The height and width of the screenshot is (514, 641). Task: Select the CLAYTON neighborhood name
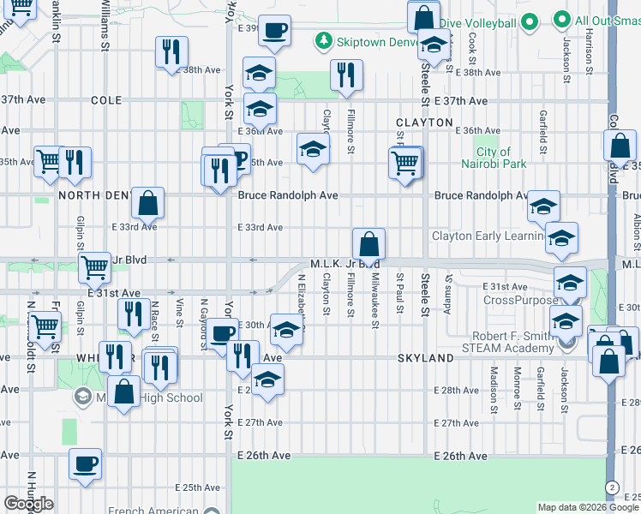click(424, 123)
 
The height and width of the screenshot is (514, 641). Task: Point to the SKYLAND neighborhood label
click(425, 358)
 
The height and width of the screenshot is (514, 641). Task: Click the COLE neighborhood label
click(106, 100)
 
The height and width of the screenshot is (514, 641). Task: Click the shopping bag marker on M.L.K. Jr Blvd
click(368, 246)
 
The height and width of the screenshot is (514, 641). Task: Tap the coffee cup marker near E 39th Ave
click(274, 32)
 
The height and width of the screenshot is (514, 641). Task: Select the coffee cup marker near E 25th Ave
click(85, 465)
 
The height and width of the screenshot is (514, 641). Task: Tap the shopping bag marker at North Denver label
click(147, 204)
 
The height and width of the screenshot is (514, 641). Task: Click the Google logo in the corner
click(28, 504)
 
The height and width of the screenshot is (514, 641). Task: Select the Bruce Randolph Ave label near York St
click(288, 196)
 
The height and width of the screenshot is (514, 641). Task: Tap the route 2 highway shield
click(611, 487)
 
